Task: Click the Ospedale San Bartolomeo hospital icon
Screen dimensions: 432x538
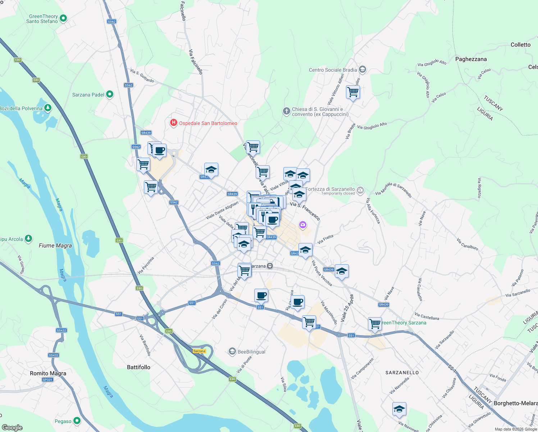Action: tap(174, 123)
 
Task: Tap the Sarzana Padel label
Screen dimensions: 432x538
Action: tap(88, 95)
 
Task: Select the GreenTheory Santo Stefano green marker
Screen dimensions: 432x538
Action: tap(63, 18)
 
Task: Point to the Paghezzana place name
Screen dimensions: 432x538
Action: tap(471, 59)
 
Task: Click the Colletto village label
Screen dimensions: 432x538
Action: tap(520, 45)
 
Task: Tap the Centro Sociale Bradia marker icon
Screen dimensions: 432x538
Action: tap(363, 69)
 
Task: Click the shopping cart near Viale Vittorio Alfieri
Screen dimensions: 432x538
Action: tap(353, 93)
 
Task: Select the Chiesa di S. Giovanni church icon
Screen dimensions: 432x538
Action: tap(286, 111)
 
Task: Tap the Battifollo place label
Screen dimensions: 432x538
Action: tap(138, 367)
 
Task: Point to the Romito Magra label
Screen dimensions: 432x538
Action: tap(48, 373)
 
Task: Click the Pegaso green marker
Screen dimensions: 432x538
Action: tap(77, 421)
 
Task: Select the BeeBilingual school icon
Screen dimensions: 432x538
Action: tap(232, 351)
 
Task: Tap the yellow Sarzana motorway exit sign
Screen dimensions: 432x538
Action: tap(199, 351)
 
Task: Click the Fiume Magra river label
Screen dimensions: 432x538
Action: tap(55, 246)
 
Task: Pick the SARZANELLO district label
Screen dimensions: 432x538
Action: tap(402, 373)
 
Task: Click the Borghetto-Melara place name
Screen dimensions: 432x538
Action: tap(515, 403)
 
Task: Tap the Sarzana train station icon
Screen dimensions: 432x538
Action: tap(270, 266)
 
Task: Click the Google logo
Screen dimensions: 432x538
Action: tap(12, 427)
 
